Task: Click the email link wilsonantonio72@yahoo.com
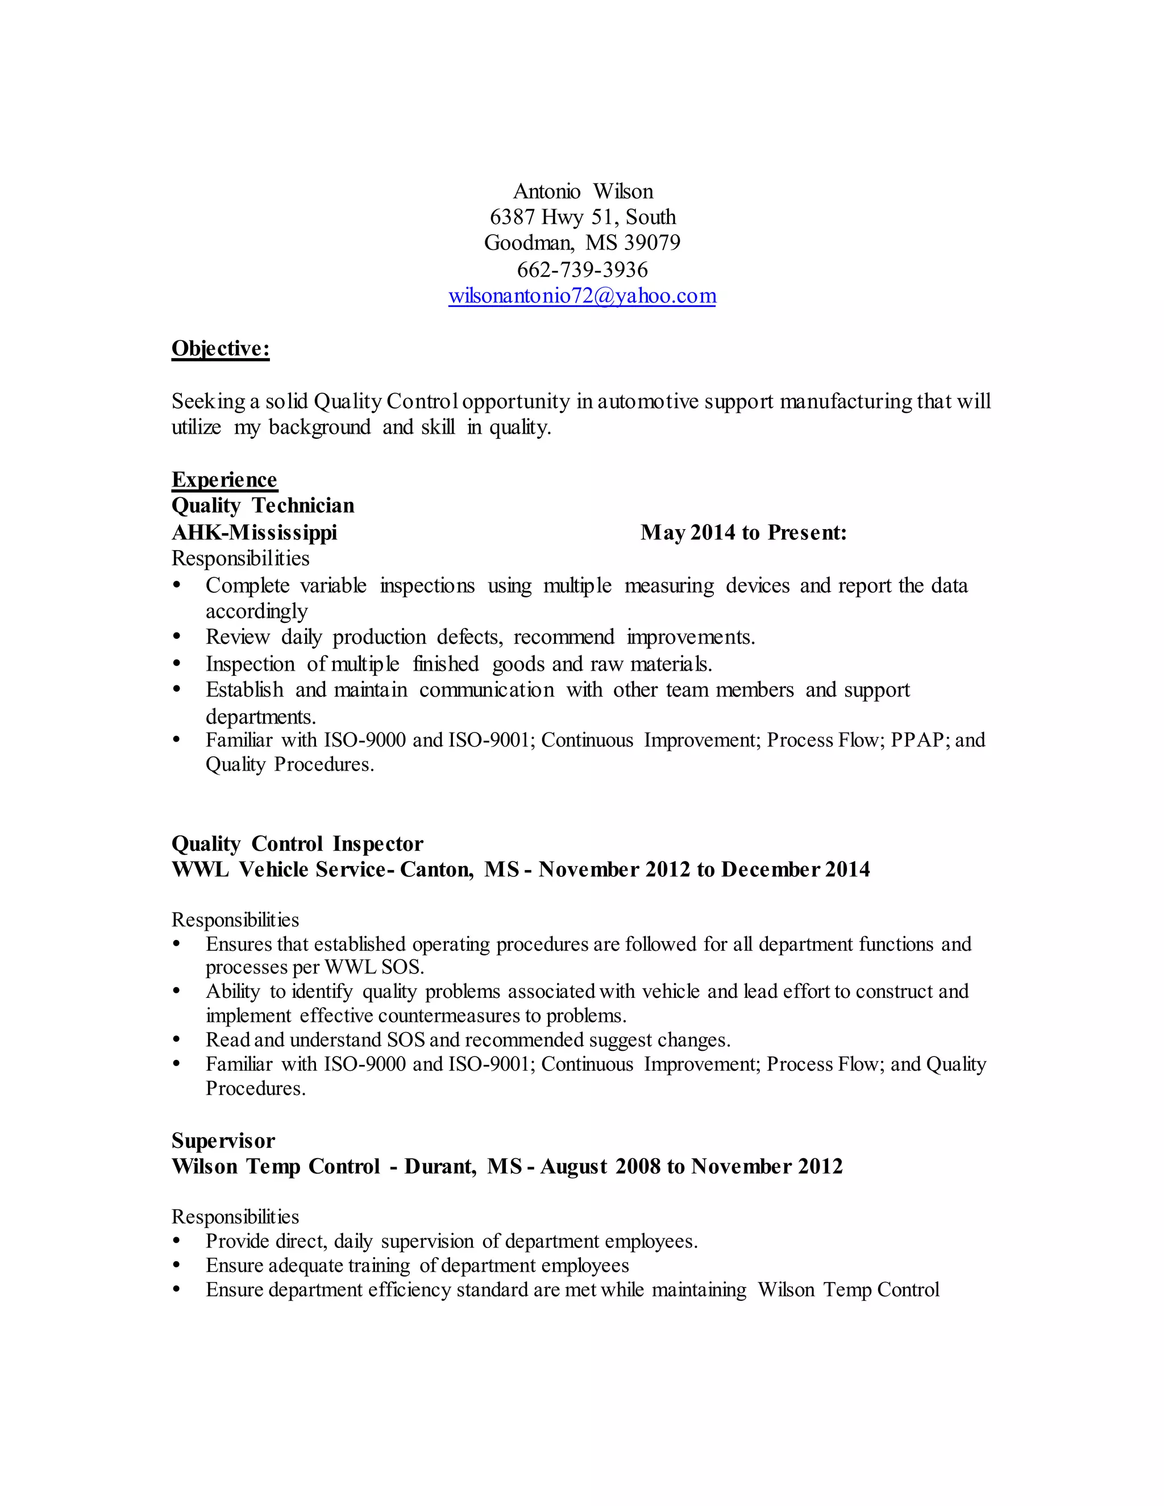click(582, 296)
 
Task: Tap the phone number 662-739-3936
click(582, 269)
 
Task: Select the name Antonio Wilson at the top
click(583, 191)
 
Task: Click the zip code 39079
click(652, 243)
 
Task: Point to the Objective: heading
click(220, 349)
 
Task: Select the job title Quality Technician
click(263, 505)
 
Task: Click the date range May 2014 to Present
click(743, 532)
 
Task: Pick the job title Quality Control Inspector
click(297, 843)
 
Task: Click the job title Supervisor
click(223, 1141)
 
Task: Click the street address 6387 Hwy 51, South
click(583, 217)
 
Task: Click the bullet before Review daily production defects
click(177, 637)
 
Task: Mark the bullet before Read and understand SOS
click(177, 1040)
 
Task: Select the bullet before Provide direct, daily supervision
click(177, 1241)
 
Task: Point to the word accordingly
click(256, 611)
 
